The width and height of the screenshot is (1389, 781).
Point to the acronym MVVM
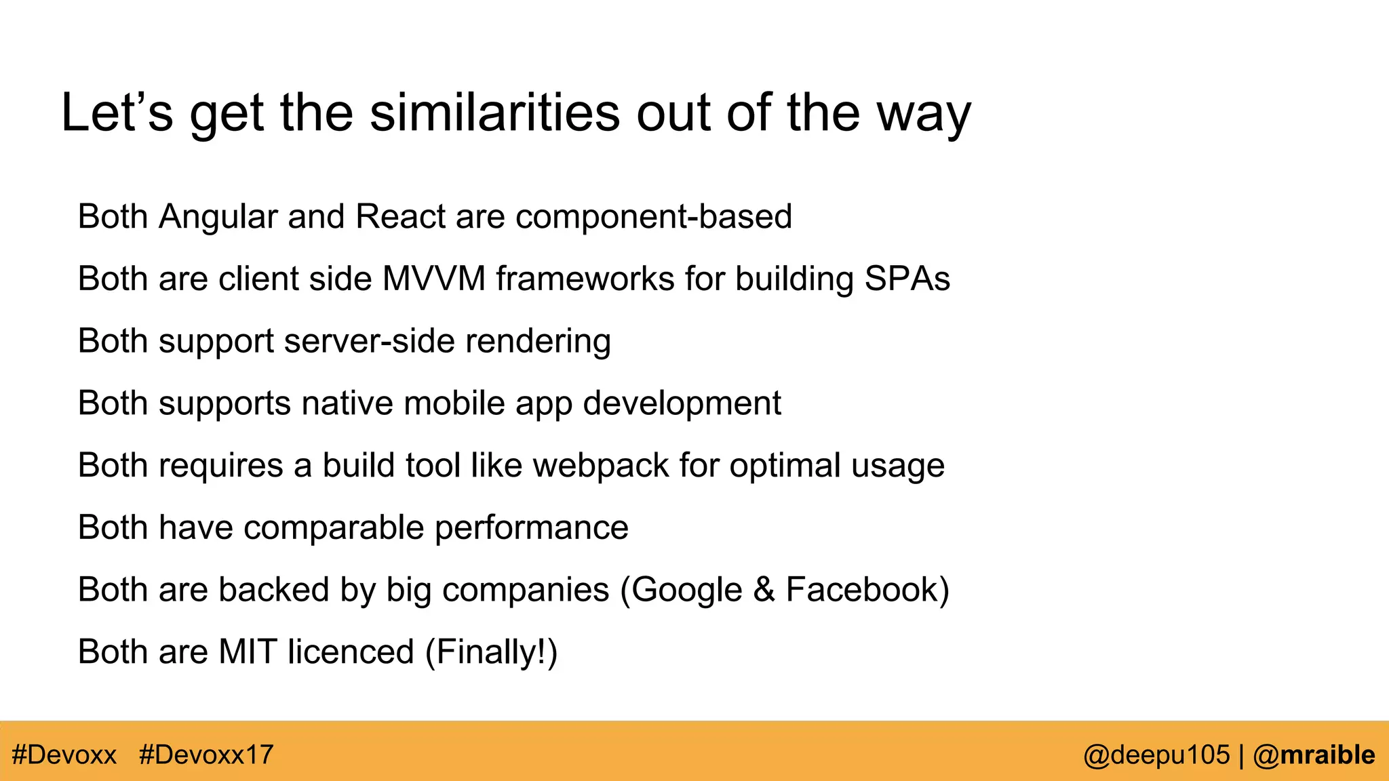(x=434, y=279)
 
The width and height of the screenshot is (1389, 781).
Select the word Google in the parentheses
(x=687, y=590)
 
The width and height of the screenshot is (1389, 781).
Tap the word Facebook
(x=861, y=589)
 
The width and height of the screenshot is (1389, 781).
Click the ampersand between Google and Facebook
(x=764, y=589)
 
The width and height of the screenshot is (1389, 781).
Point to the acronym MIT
(x=248, y=652)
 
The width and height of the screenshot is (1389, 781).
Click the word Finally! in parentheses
(x=492, y=652)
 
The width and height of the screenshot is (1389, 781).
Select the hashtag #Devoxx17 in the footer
(x=206, y=755)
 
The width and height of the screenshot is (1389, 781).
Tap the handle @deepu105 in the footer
(x=1156, y=755)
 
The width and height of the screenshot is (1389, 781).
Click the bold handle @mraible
(x=1314, y=755)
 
